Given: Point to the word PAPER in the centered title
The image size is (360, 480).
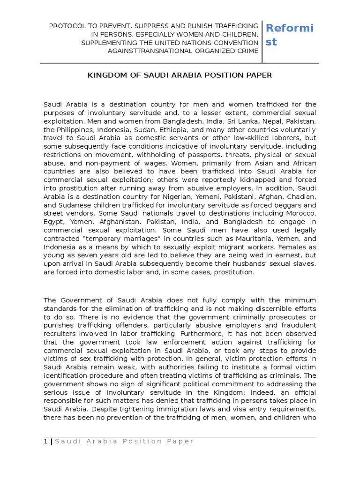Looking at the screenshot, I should pyautogui.click(x=259, y=75).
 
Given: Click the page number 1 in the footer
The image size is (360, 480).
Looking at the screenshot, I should pyautogui.click(x=45, y=441).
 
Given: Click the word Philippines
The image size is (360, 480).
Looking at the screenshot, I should pyautogui.click(x=75, y=130).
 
